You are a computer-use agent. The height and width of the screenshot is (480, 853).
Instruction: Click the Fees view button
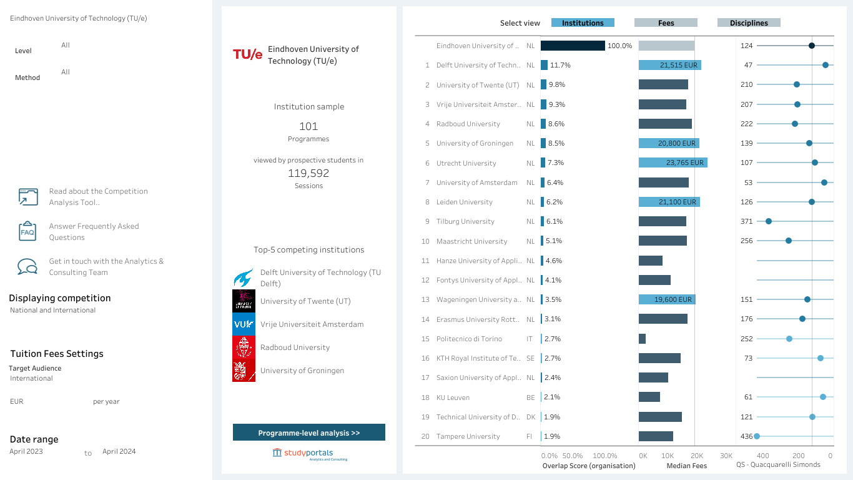(666, 23)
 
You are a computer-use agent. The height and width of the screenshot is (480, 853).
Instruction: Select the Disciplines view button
(749, 23)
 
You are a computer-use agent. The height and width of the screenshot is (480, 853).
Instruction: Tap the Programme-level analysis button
(309, 432)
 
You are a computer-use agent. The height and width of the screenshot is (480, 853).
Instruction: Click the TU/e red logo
(247, 54)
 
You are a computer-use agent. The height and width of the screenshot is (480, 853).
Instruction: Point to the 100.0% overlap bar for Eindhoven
(573, 46)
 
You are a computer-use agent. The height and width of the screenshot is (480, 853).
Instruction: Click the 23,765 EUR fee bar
(673, 162)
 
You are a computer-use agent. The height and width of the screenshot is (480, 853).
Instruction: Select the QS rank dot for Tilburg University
(769, 221)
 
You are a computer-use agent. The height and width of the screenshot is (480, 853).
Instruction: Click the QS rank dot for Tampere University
(757, 436)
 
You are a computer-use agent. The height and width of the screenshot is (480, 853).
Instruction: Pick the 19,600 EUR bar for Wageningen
(667, 299)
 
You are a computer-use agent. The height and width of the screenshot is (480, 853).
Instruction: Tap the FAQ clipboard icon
(27, 231)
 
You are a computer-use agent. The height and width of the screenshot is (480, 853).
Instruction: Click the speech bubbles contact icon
(27, 266)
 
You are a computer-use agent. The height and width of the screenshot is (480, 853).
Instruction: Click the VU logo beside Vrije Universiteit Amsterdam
(244, 324)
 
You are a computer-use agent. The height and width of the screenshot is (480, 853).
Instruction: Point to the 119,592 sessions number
(308, 173)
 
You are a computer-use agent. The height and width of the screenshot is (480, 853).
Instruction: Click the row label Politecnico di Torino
(469, 339)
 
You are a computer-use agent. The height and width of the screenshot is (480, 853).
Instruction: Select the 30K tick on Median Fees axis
(726, 456)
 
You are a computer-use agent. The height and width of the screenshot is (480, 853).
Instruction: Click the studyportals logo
(309, 454)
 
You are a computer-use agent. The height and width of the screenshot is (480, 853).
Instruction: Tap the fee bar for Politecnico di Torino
(642, 339)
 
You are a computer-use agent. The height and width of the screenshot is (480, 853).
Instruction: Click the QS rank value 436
(746, 436)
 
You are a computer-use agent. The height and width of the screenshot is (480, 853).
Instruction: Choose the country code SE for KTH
(530, 358)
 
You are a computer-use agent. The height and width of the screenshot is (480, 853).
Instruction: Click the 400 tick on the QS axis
(762, 456)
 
